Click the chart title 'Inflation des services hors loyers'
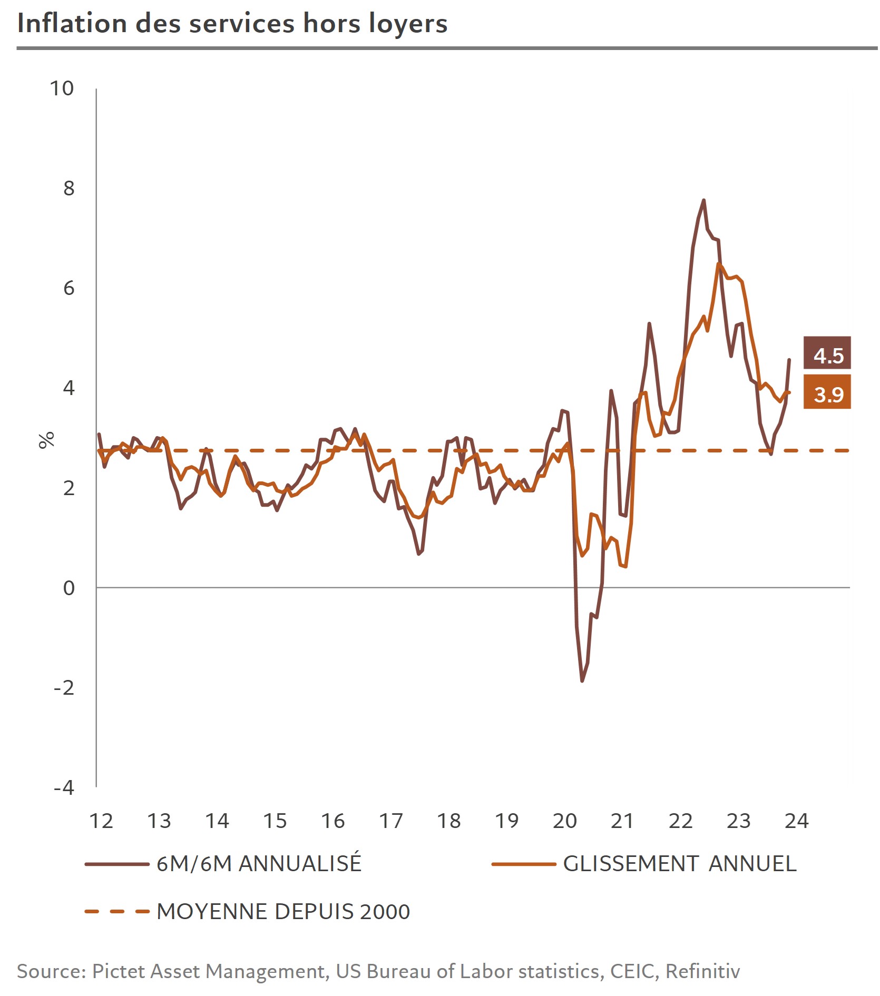point(232,24)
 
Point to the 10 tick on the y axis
point(62,88)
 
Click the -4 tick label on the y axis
point(64,787)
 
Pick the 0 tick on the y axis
point(69,588)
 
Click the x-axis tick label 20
point(565,821)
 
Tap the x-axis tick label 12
point(101,821)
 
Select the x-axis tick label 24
point(796,821)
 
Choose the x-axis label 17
point(391,821)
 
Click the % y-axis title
point(47,440)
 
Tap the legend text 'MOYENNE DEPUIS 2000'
point(283,912)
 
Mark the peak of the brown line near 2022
point(703,200)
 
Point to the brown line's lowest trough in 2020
point(582,681)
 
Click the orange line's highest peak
point(718,264)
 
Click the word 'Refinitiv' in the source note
point(703,971)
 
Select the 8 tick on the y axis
point(69,188)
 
